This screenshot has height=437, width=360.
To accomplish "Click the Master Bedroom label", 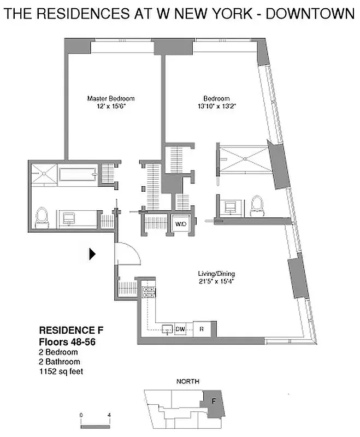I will pos(111,98).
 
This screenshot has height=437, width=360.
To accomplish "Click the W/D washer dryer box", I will pos(180,223).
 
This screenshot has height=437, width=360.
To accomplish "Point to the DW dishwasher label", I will pos(180,329).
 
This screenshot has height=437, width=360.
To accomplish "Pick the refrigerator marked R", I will pos(202,329).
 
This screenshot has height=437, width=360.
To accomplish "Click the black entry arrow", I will pos(93,253).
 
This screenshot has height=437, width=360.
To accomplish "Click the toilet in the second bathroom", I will pos(256,205).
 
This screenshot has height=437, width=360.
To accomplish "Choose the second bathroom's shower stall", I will pos(243,158).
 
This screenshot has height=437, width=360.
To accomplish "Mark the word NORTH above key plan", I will pos(187,381).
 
